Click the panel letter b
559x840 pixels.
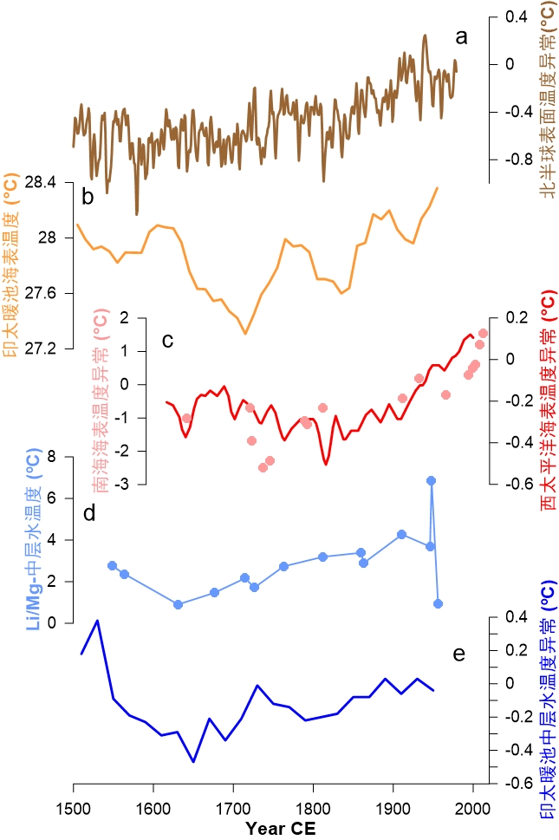tap(88, 198)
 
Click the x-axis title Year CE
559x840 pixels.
tap(280, 828)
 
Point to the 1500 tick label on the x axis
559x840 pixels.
tap(73, 808)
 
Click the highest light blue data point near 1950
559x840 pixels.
tap(431, 480)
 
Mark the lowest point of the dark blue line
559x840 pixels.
tap(193, 762)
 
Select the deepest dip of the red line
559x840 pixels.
tap(327, 465)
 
